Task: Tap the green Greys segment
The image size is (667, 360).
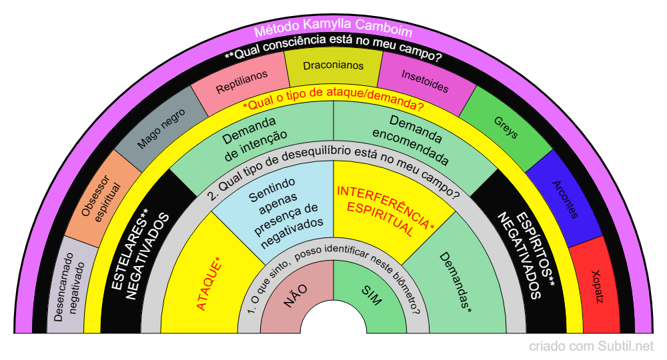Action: tap(506, 127)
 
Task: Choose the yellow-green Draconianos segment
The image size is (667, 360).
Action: tap(333, 67)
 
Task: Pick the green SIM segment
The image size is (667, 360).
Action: tap(371, 296)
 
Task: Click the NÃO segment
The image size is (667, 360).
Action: tap(295, 296)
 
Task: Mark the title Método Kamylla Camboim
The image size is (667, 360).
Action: tap(333, 31)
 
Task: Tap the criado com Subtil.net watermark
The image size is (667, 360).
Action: tap(591, 346)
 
